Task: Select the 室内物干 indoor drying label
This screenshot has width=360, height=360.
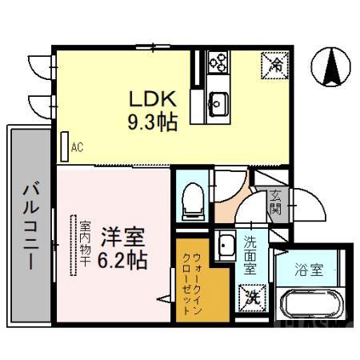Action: [84, 245]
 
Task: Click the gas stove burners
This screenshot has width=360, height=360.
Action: [218, 62]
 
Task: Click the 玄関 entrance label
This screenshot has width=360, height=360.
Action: [276, 201]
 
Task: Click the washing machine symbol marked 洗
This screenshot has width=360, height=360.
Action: [252, 297]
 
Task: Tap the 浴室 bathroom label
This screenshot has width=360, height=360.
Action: [310, 270]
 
